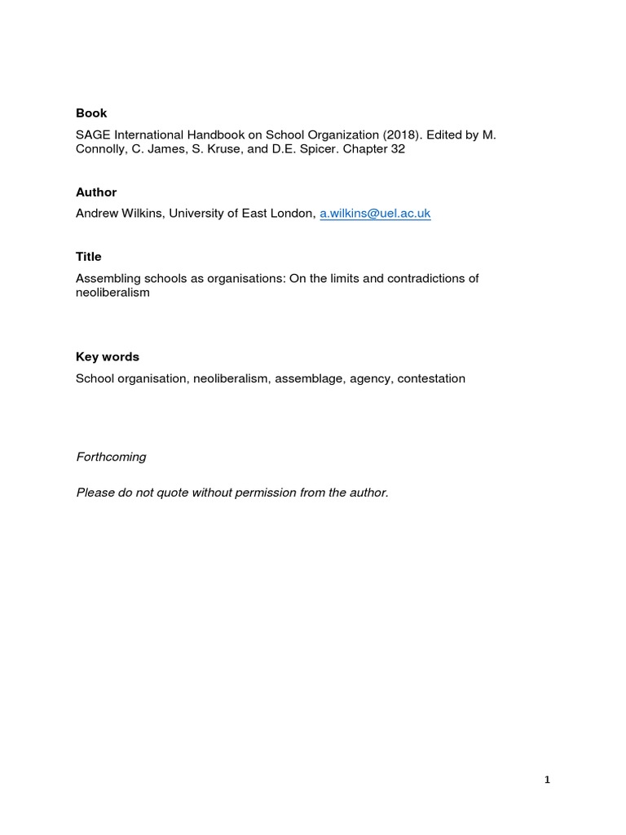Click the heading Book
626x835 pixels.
(91, 113)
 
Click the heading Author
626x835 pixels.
(96, 192)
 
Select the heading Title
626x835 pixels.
(89, 257)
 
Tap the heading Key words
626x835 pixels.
(108, 357)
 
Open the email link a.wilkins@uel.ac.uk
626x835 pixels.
(374, 214)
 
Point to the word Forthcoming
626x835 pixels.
(111, 457)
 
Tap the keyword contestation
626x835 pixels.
(431, 379)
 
